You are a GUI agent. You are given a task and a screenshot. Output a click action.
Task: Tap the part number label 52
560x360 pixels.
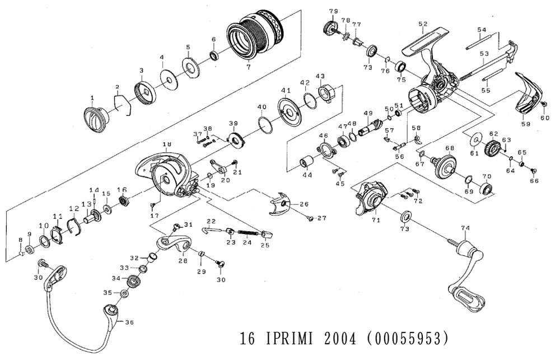pos(422,24)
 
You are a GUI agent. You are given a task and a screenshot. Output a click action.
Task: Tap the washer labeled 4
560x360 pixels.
pos(167,78)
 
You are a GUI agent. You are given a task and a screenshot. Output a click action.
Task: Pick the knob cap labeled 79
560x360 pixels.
pos(329,27)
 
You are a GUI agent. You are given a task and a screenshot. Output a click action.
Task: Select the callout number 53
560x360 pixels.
pos(484,53)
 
